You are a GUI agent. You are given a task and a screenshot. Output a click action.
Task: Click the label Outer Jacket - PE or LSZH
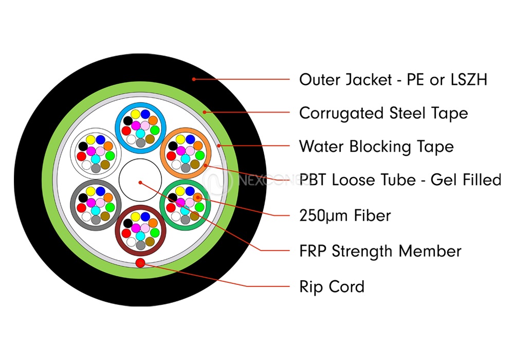[393, 80]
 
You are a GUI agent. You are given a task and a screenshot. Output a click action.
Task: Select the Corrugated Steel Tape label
[383, 113]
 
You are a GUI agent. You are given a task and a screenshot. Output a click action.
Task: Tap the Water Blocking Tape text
[376, 147]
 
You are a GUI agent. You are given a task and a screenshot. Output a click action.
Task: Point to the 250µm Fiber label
[345, 215]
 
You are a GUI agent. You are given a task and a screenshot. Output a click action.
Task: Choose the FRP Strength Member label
[380, 251]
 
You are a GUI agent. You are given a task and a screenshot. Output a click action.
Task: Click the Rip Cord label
[332, 286]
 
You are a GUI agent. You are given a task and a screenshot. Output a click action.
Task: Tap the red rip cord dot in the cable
[139, 264]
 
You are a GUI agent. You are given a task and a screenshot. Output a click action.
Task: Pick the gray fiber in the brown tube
[140, 245]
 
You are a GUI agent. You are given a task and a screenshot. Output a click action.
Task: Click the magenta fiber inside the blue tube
[136, 125]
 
